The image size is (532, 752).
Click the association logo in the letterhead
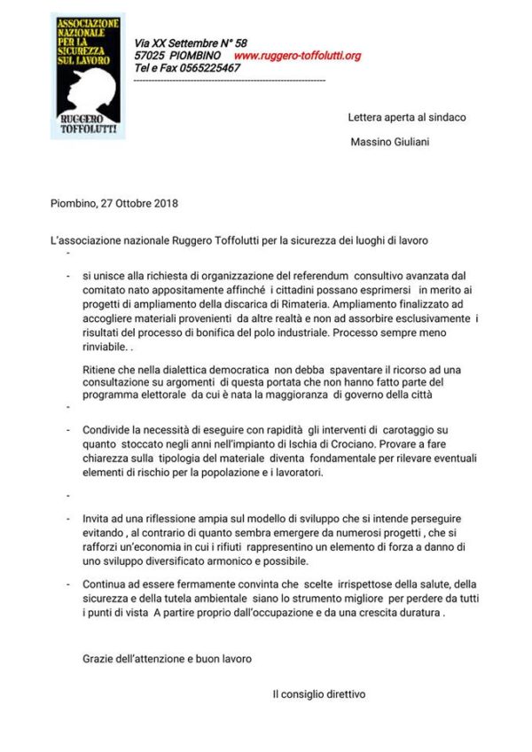click(88, 75)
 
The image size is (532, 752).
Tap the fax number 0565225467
click(202, 68)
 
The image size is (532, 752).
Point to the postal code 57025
click(150, 56)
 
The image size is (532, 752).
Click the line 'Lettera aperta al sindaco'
click(406, 117)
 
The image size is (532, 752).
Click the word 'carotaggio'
click(405, 430)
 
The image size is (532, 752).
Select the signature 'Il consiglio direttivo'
click(318, 694)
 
